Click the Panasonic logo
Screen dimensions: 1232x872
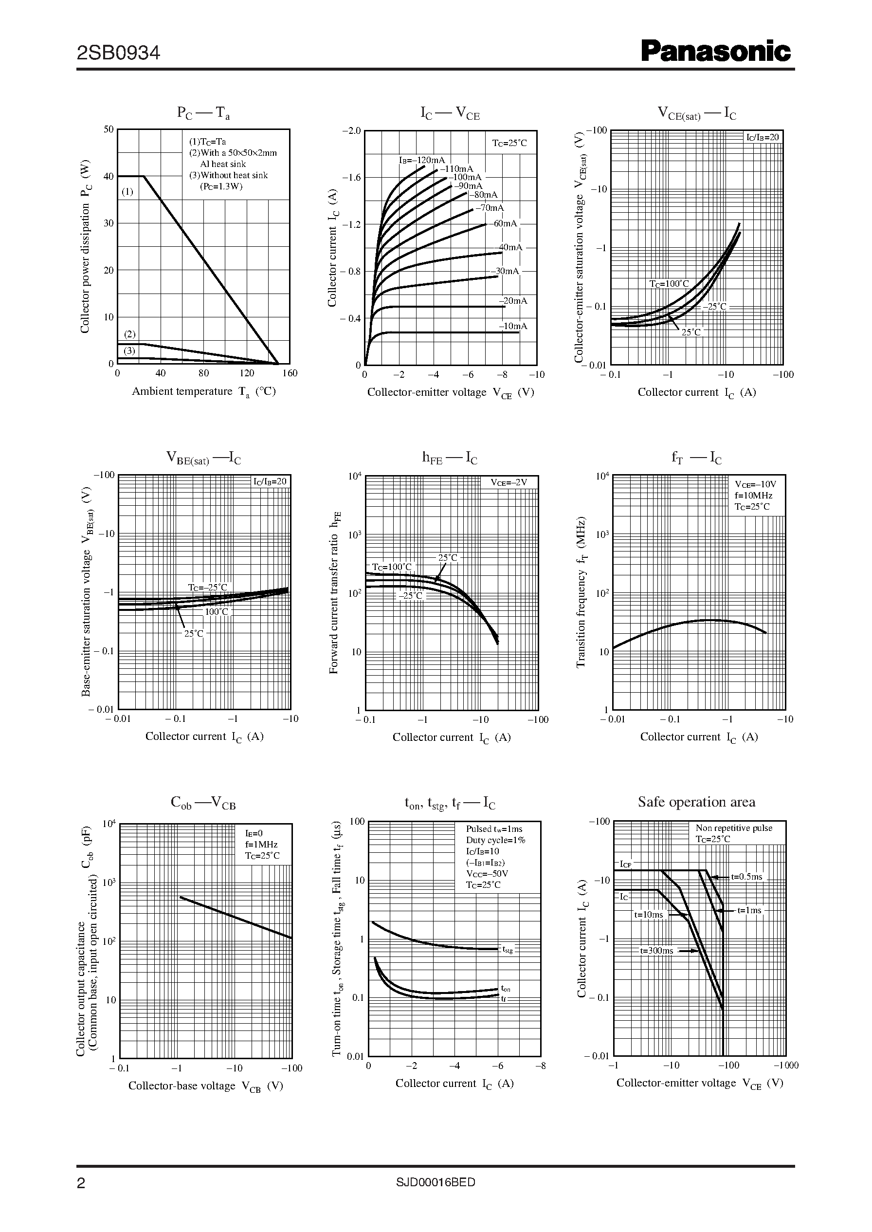[x=716, y=52]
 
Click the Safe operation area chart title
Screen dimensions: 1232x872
[x=696, y=802]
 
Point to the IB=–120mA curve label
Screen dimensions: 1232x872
[x=421, y=160]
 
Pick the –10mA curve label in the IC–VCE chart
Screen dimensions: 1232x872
[x=513, y=326]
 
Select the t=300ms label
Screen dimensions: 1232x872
[x=656, y=951]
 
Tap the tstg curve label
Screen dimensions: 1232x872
[x=508, y=950]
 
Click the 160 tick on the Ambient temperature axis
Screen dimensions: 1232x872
[x=290, y=373]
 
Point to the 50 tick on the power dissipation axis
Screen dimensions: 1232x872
[x=109, y=129]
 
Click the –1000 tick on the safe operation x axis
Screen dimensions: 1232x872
[x=785, y=1065]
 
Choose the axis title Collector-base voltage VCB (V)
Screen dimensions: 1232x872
[x=206, y=1086]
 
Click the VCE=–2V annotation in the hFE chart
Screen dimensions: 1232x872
[x=509, y=482]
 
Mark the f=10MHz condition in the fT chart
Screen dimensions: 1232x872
[x=754, y=495]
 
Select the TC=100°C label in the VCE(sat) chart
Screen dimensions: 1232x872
[x=669, y=284]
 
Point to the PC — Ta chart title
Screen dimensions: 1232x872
[x=203, y=113]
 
